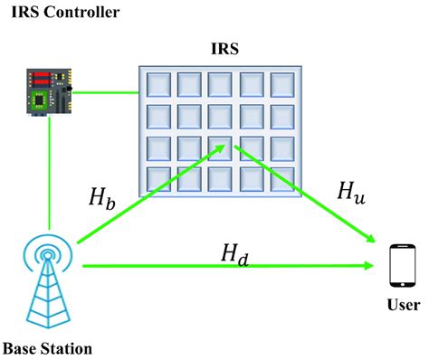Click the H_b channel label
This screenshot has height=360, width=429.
pos(103,198)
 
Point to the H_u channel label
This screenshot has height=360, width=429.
pos(352,192)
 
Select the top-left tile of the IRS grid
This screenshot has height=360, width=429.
pos(157,85)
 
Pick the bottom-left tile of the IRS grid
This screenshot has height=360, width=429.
pos(157,177)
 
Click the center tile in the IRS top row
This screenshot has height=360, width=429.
pos(220,85)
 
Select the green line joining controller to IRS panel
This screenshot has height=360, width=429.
pos(106,90)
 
